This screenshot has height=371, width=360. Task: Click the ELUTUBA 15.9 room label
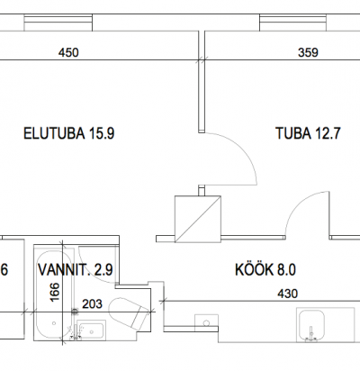(69, 133)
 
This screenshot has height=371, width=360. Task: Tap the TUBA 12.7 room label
(308, 133)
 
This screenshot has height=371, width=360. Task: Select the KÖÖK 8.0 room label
(265, 269)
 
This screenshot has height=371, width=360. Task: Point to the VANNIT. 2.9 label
(76, 269)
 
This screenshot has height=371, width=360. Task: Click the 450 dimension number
(68, 53)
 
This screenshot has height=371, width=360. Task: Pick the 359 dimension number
(308, 53)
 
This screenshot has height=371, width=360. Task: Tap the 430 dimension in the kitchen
(288, 294)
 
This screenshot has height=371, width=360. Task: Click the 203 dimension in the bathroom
(92, 304)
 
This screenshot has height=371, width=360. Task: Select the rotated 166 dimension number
(55, 292)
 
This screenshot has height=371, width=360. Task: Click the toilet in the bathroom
(128, 312)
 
